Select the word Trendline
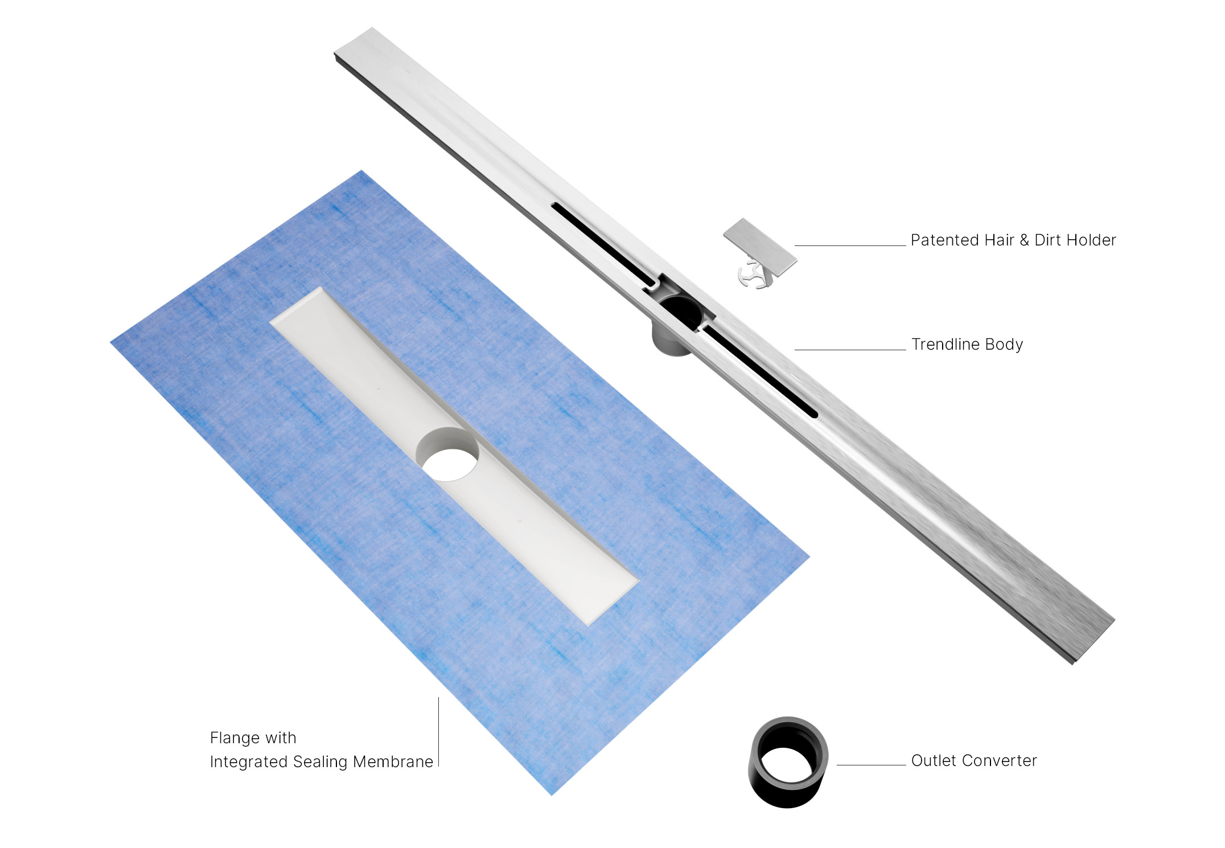tap(946, 345)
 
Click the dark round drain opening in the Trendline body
tap(682, 310)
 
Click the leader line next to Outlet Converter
tap(871, 765)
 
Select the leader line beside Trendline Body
tap(850, 350)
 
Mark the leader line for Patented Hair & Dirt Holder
tap(850, 245)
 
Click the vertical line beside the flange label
tap(438, 732)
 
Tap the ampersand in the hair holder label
tap(1024, 240)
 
